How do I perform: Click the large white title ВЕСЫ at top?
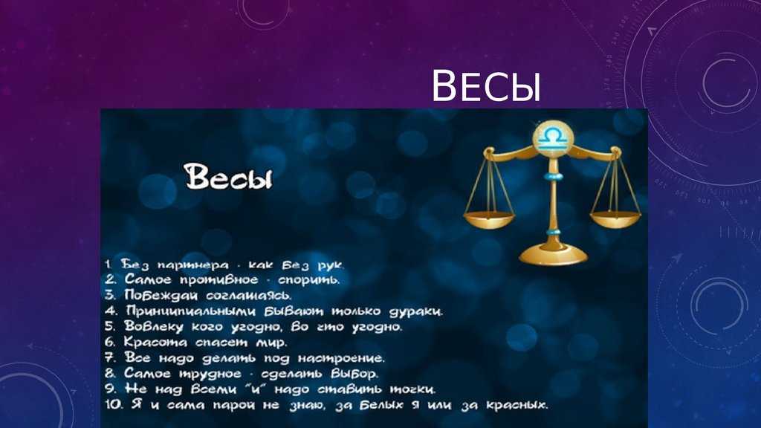click(x=486, y=85)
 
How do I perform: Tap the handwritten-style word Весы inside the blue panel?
click(x=228, y=176)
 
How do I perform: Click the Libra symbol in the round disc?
click(x=552, y=137)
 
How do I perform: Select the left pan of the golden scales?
click(x=489, y=220)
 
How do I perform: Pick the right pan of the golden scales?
click(x=615, y=219)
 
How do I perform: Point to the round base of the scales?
click(x=553, y=254)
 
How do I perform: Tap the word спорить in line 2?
click(x=308, y=280)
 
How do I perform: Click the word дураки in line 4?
click(x=415, y=311)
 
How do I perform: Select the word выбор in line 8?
click(x=354, y=374)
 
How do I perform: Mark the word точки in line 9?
click(x=412, y=389)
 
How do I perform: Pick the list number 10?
click(x=114, y=404)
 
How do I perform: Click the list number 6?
click(x=110, y=342)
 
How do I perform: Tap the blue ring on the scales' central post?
click(x=553, y=175)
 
